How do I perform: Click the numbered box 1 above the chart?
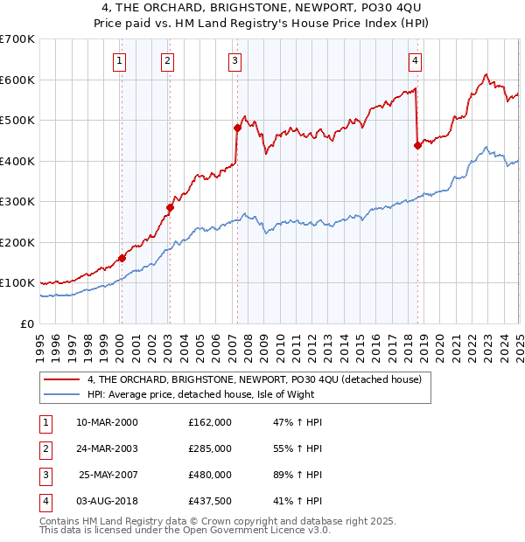point(118,60)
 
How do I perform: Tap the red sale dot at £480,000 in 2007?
point(237,128)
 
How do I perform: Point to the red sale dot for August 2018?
point(417,146)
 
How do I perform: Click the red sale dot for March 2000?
point(122,258)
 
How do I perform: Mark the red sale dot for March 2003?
point(171,208)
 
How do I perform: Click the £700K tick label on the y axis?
point(17,39)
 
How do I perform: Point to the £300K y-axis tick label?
point(17,202)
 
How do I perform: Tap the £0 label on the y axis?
point(27,323)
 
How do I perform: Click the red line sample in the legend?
point(61,379)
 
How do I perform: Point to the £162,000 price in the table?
point(210,421)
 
